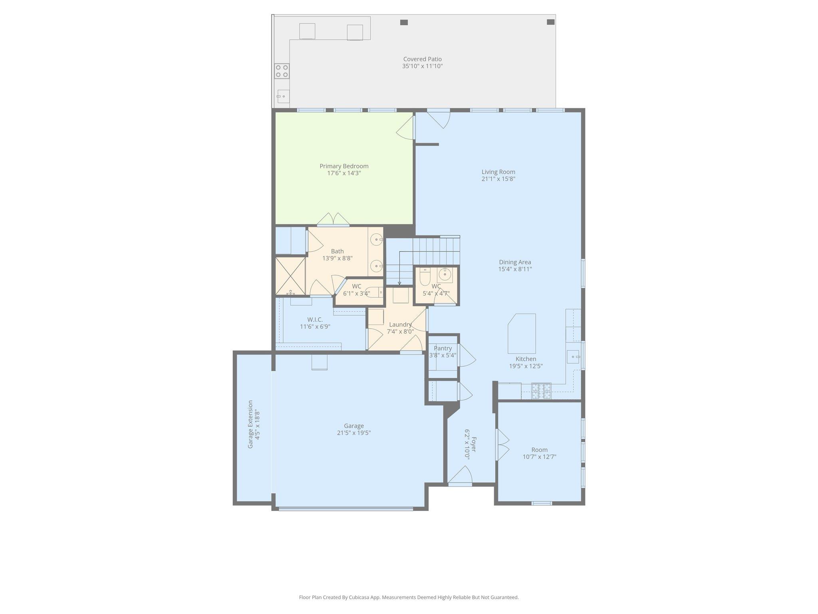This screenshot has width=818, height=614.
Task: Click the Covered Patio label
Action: click(422, 59)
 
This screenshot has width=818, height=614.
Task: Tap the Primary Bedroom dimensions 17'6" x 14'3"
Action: click(343, 173)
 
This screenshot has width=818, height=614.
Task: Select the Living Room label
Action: click(498, 172)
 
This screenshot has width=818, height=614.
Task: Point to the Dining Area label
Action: click(515, 262)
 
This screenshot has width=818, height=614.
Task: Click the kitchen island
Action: click(522, 333)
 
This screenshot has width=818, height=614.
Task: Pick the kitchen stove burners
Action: click(541, 391)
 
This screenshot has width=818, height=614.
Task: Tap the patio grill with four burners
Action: click(282, 71)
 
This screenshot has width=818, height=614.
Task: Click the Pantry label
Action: click(443, 348)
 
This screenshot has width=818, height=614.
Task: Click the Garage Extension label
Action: click(250, 424)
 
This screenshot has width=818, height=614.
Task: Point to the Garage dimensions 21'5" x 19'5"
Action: click(354, 433)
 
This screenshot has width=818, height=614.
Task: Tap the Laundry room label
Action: click(400, 325)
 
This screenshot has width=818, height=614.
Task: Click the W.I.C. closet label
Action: click(315, 319)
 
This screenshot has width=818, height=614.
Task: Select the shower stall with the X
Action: click(290, 276)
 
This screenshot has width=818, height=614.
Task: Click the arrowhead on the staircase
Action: click(399, 283)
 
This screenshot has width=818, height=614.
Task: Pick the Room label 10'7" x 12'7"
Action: click(539, 450)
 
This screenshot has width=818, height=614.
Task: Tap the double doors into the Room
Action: click(502, 445)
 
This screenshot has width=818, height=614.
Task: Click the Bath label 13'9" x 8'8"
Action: click(337, 251)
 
